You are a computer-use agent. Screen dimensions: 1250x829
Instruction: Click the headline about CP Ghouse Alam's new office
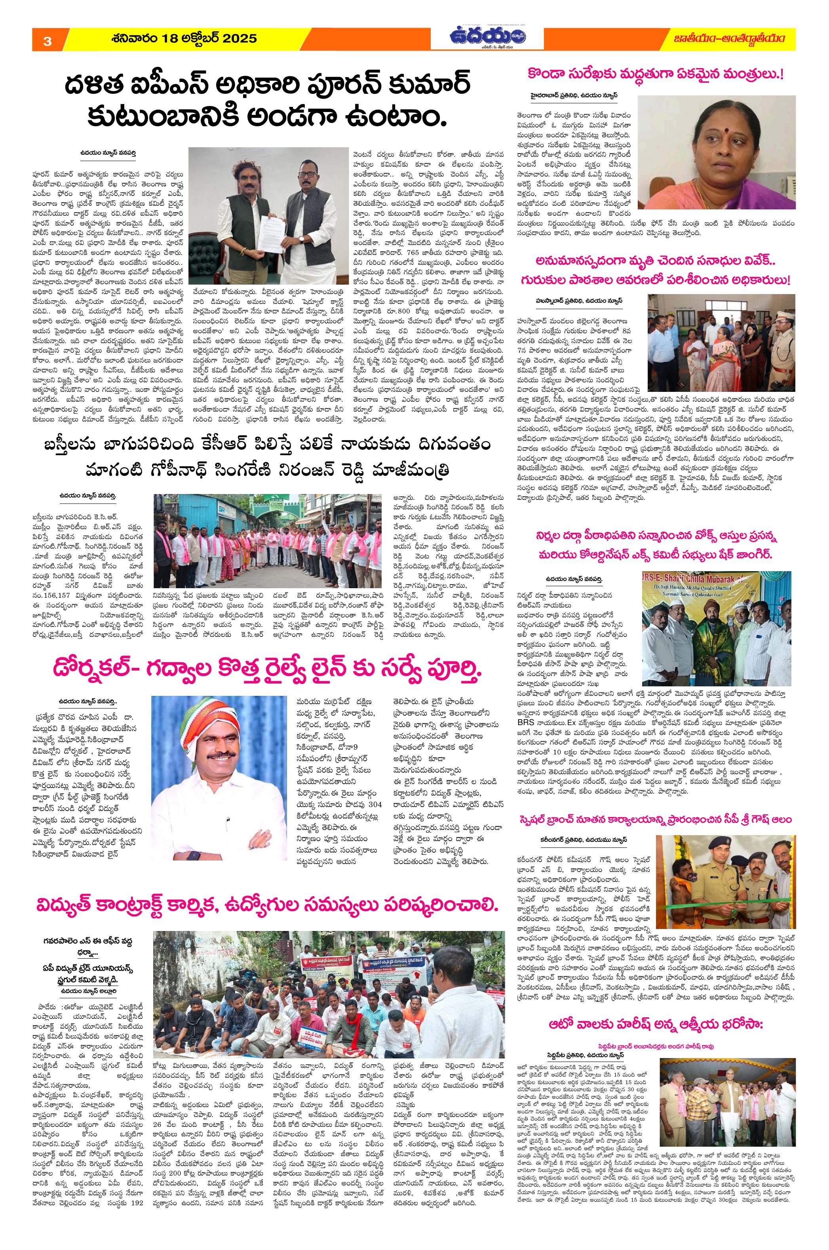click(654, 820)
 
